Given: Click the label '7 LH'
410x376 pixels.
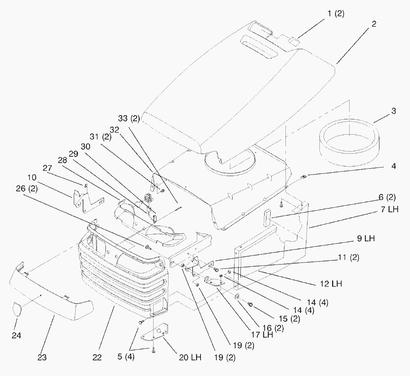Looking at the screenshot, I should pyautogui.click(x=389, y=210).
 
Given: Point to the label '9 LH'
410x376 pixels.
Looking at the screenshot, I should pyautogui.click(x=365, y=239).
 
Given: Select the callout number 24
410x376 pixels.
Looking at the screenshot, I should pyautogui.click(x=16, y=335).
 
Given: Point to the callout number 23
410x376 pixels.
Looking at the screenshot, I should pyautogui.click(x=42, y=357).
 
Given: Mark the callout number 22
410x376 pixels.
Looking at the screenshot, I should pyautogui.click(x=97, y=357).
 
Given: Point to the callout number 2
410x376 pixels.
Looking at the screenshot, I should pyautogui.click(x=374, y=24).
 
